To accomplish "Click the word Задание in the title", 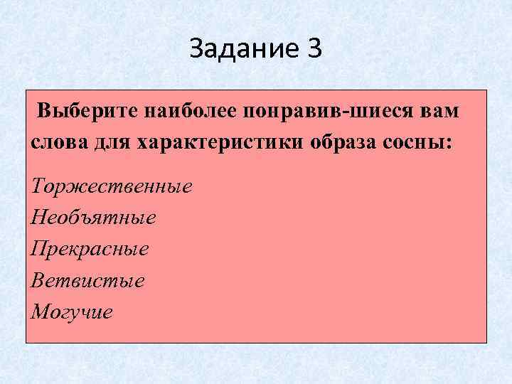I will click(x=242, y=49).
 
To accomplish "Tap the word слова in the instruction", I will click(x=59, y=141).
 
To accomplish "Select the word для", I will click(x=112, y=141).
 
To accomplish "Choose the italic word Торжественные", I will click(x=112, y=187).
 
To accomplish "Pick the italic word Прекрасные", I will click(x=90, y=250).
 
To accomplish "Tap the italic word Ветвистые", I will click(x=88, y=281).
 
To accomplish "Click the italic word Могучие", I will click(x=72, y=312).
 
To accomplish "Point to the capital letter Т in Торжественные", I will click(x=39, y=186).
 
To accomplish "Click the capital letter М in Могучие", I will click(x=41, y=311).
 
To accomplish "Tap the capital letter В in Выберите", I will click(x=46, y=112).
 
